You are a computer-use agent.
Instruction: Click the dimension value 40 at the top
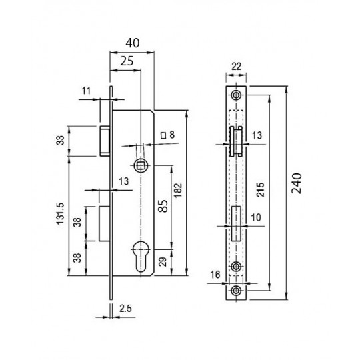click(133, 43)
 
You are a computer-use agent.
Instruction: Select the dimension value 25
click(127, 61)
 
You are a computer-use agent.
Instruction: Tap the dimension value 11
click(86, 91)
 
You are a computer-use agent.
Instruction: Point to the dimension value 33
click(61, 140)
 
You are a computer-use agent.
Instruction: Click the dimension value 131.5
click(60, 213)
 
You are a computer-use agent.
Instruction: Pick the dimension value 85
click(163, 206)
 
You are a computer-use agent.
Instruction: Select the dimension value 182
click(178, 190)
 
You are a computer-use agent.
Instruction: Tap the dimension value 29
click(163, 261)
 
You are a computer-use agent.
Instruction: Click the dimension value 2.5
click(125, 309)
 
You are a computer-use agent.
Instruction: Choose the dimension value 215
click(261, 189)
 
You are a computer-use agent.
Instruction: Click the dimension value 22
click(236, 67)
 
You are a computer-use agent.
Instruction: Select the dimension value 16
click(215, 275)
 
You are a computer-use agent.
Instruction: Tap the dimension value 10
click(256, 217)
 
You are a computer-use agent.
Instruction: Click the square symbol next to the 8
click(163, 135)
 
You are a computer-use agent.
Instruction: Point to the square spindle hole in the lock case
click(140, 165)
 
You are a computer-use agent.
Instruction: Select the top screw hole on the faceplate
click(236, 95)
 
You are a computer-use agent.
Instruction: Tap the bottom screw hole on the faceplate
click(236, 291)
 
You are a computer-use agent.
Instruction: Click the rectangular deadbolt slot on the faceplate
click(236, 223)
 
